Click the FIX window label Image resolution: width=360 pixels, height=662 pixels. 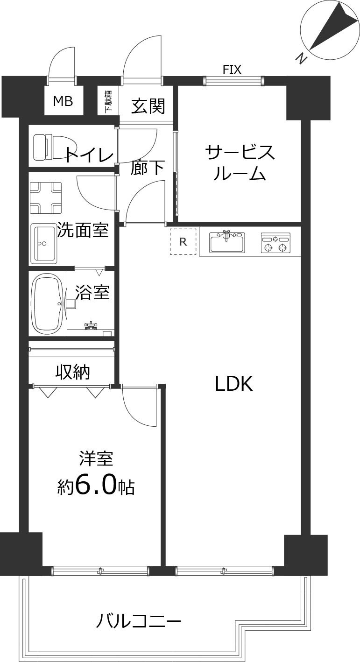click(x=232, y=70)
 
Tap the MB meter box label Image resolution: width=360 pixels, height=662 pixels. click(x=63, y=101)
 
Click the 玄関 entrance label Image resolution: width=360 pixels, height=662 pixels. click(x=148, y=106)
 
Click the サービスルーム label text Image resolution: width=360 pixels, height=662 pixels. click(x=240, y=162)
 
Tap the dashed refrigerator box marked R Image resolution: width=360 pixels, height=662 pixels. click(x=183, y=241)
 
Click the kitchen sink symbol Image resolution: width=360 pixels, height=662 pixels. click(x=227, y=241)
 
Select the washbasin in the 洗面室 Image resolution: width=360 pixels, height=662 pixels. click(x=44, y=243)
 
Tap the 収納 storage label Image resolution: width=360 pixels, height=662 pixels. click(x=73, y=372)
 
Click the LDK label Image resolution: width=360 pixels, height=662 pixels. click(x=233, y=384)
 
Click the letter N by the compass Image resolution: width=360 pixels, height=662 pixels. click(x=302, y=59)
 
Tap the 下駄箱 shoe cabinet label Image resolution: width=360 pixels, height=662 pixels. click(x=108, y=101)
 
